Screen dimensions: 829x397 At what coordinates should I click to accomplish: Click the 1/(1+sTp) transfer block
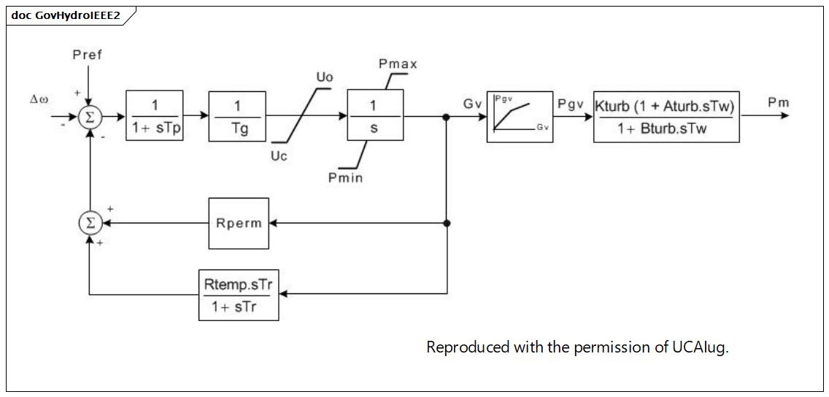155,116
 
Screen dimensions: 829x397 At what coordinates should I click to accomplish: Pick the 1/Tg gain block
237,116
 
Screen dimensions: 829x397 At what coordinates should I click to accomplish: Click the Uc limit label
279,156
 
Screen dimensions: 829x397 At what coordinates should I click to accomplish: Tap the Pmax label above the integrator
398,64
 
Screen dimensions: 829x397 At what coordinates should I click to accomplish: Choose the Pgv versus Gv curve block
520,116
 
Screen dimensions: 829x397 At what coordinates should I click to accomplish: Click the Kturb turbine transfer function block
666,116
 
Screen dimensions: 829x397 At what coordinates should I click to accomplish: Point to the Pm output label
779,103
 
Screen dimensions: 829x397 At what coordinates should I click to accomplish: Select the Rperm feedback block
239,223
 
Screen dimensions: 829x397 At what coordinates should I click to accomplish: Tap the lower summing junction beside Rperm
90,223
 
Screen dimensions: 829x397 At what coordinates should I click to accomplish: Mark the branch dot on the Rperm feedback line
447,223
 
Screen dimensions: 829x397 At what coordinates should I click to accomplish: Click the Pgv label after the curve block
571,104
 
